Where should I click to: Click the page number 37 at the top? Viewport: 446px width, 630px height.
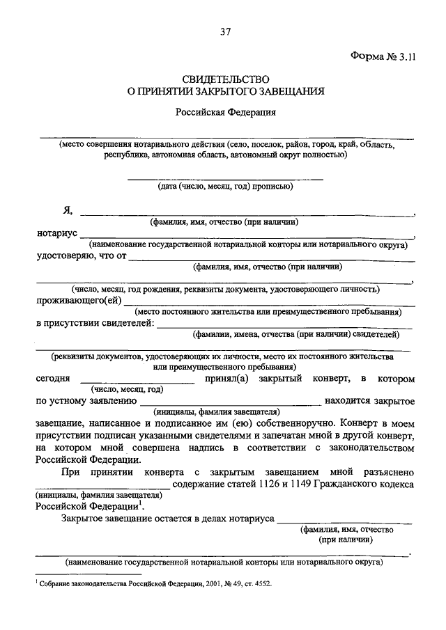click(223, 31)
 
